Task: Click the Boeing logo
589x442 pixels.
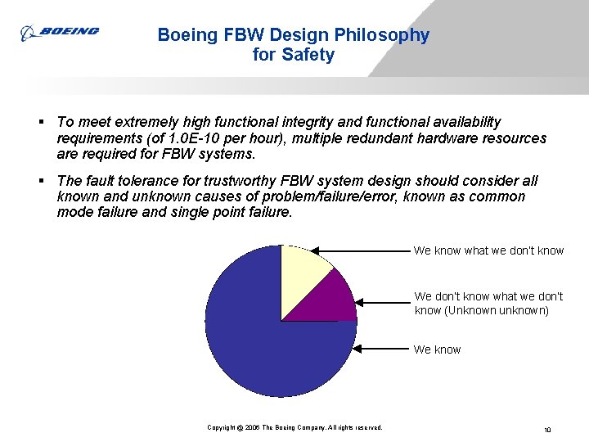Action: click(61, 32)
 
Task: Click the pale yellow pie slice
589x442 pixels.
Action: click(303, 274)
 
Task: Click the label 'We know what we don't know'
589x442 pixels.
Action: click(488, 250)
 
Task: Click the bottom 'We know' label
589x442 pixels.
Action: click(437, 350)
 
